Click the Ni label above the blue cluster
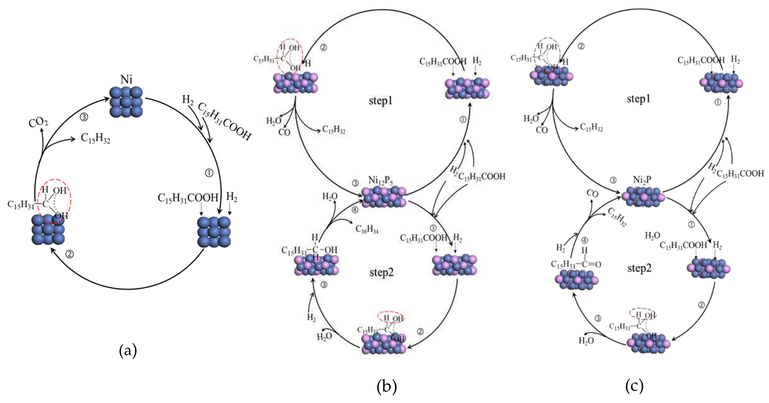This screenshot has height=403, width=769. [x=126, y=80]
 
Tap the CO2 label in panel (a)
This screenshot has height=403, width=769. [x=38, y=122]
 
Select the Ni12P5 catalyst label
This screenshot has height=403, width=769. [x=380, y=180]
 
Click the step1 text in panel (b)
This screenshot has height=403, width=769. [x=380, y=101]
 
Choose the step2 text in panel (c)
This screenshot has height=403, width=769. [x=639, y=268]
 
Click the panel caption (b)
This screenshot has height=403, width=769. [x=387, y=386]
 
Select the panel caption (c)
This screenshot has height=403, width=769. [x=634, y=386]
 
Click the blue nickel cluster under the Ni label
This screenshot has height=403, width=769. [x=126, y=102]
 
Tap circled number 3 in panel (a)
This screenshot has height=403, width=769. [x=84, y=117]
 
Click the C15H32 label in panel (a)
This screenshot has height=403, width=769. [x=96, y=139]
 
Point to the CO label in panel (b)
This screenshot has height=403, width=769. [x=284, y=132]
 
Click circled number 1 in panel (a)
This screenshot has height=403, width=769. [x=209, y=173]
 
